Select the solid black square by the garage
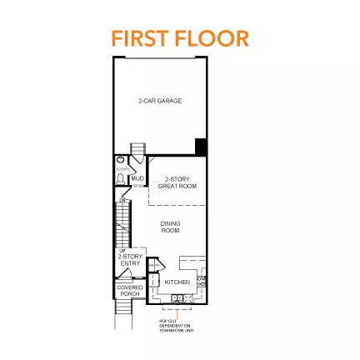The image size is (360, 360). coord(200,147)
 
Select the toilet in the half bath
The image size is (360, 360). coord(122,177)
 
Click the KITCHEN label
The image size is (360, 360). coord(177,282)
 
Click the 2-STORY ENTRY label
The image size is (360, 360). coord(123,259)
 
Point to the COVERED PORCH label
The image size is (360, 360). coord(129,290)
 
